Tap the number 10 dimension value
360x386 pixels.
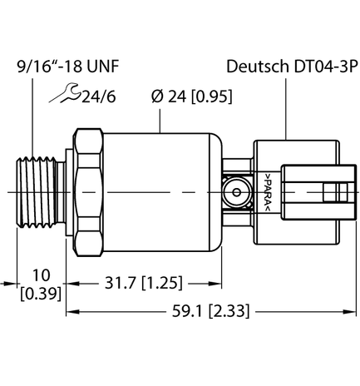coord(36,275)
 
